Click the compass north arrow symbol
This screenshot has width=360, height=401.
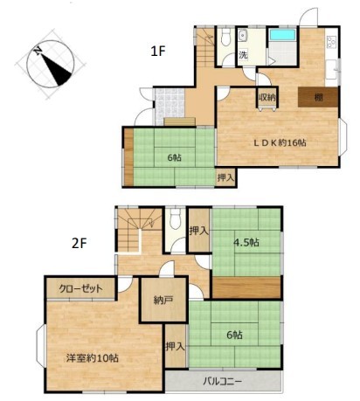click(x=50, y=64)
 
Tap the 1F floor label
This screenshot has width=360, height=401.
click(x=157, y=52)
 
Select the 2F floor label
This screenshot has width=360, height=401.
click(x=80, y=244)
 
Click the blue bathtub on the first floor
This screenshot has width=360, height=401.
click(x=282, y=35)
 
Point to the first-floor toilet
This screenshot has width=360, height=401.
click(x=225, y=37)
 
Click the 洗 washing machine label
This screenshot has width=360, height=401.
click(x=243, y=54)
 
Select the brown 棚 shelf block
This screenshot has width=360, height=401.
click(x=318, y=97)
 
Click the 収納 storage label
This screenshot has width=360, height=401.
click(x=267, y=98)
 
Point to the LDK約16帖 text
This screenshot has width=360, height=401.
click(x=280, y=142)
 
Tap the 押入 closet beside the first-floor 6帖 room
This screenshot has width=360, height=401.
click(x=225, y=177)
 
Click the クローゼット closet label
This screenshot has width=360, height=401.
click(x=80, y=288)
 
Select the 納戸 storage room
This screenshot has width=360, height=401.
click(x=163, y=300)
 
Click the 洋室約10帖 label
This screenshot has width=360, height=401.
click(x=92, y=358)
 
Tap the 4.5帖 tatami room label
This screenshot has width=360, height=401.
click(x=246, y=242)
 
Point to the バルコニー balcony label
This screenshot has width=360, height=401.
click(x=222, y=381)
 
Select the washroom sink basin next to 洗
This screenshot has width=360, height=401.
click(x=242, y=36)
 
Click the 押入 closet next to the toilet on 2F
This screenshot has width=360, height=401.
click(x=199, y=230)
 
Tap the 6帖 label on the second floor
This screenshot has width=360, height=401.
click(x=234, y=335)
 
